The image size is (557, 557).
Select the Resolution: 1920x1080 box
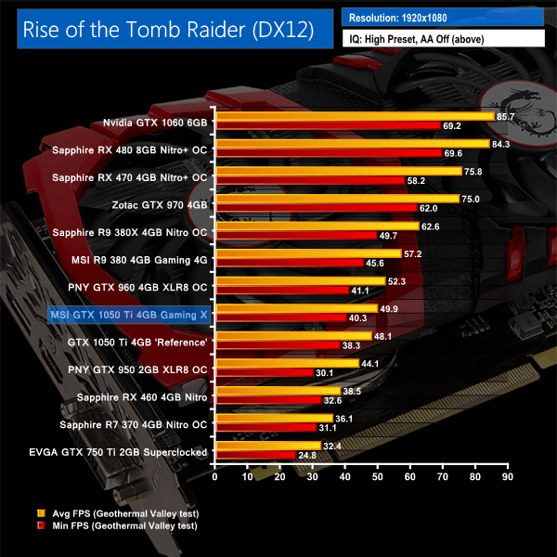(444, 17)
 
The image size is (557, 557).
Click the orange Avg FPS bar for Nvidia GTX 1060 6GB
(354, 116)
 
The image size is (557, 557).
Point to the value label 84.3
(502, 144)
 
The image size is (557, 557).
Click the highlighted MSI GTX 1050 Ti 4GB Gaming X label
(128, 316)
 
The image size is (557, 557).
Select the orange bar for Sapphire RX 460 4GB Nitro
(277, 392)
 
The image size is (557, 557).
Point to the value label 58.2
(417, 181)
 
